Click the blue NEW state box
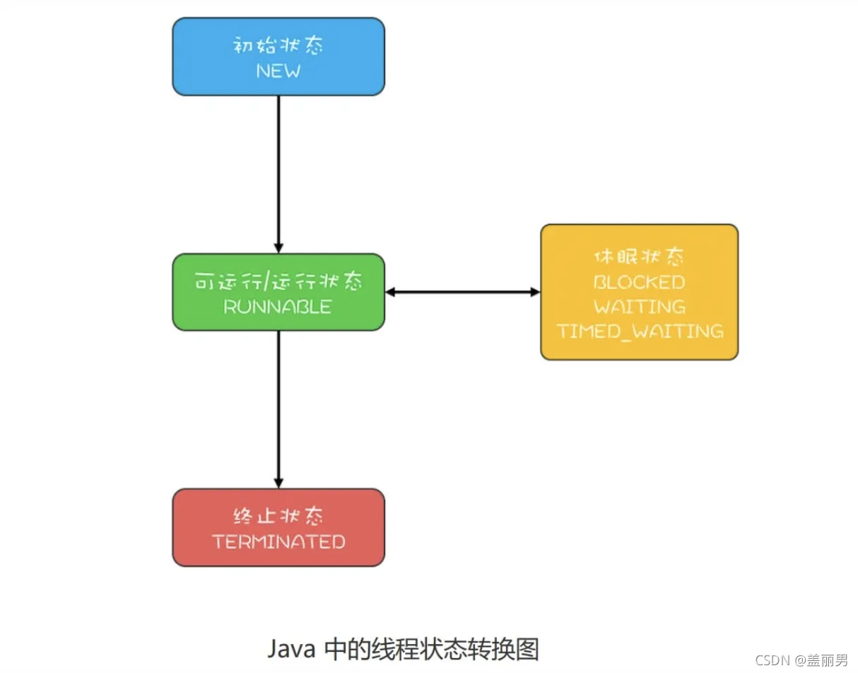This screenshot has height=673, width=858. (x=278, y=57)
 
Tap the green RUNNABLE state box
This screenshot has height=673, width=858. (x=278, y=292)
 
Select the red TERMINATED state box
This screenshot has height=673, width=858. (x=278, y=527)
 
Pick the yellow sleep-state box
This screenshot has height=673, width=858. (x=639, y=292)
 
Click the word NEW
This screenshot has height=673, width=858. (x=278, y=71)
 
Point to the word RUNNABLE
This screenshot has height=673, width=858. (x=278, y=307)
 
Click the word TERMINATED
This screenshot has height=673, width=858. (x=278, y=542)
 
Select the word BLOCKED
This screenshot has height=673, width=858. (x=639, y=282)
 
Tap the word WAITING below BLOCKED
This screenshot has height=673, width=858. (x=639, y=307)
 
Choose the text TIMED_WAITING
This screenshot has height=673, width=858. (x=640, y=331)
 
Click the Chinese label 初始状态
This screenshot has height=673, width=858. (x=278, y=47)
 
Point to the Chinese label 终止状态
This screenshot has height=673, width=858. (x=278, y=516)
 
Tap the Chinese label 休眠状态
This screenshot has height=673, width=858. (x=639, y=256)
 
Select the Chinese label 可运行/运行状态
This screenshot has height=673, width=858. (x=278, y=281)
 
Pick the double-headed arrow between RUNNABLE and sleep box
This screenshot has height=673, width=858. (x=462, y=292)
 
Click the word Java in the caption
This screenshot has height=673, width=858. (x=291, y=648)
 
